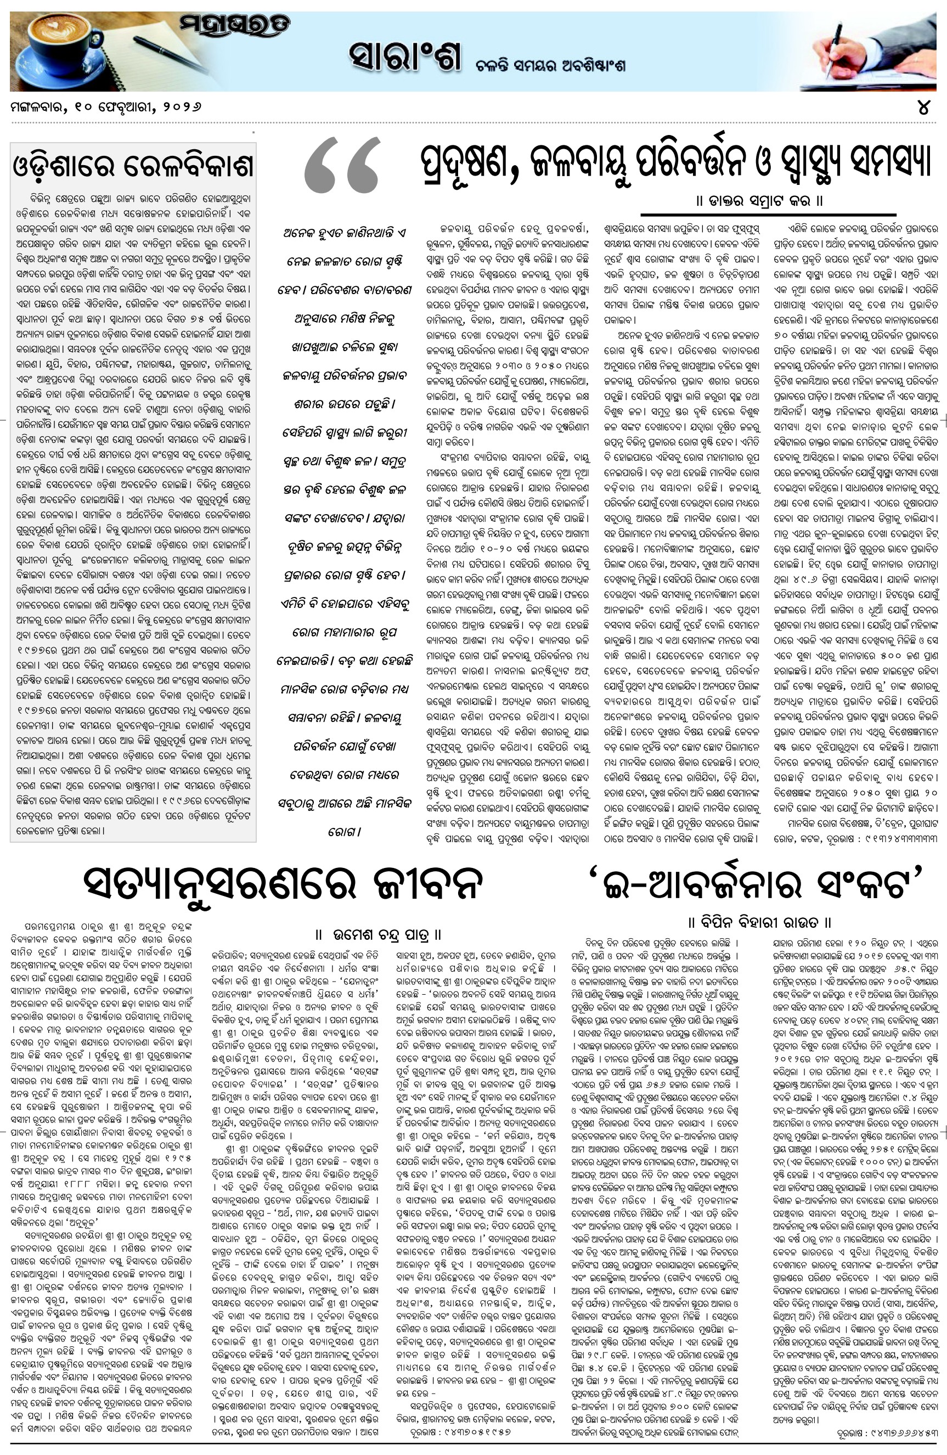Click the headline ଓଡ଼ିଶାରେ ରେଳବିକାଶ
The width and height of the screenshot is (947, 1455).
(133, 166)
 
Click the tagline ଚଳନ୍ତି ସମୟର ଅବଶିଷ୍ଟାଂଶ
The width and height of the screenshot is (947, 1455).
(551, 65)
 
